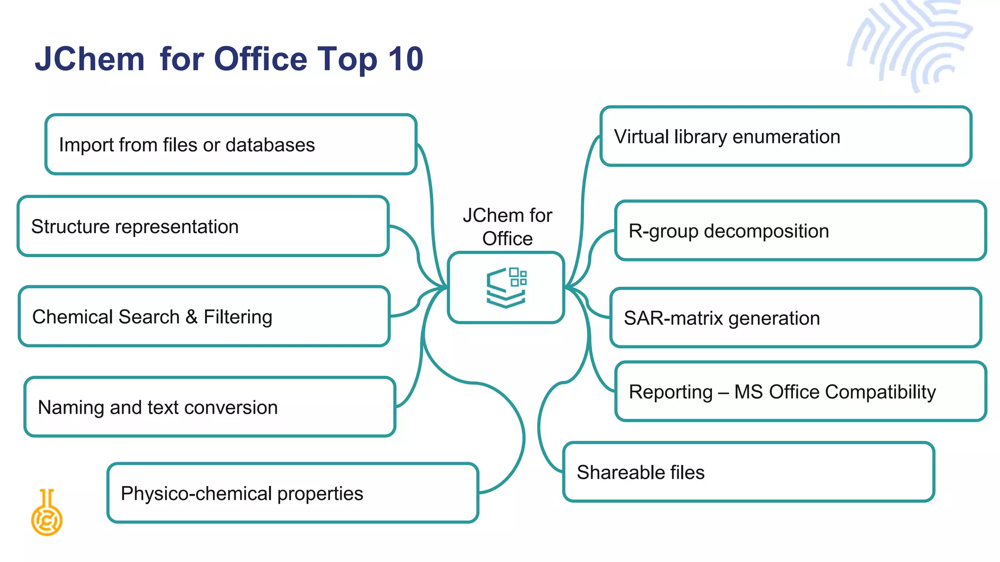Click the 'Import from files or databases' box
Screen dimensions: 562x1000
pos(230,144)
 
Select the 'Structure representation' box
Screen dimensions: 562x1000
pos(203,226)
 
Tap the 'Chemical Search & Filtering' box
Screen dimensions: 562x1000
pos(204,317)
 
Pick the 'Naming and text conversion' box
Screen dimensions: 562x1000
pos(209,407)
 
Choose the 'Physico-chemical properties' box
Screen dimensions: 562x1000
pos(292,493)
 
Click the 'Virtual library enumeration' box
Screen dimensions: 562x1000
pos(786,137)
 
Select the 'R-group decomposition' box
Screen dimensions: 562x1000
pos(800,231)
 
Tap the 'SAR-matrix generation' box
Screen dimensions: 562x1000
pos(795,318)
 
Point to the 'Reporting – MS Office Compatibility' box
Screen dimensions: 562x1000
pos(800,392)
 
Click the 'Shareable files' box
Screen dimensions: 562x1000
pos(749,472)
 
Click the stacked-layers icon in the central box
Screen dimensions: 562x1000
pos(506,287)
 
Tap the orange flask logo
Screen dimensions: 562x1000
pos(47,513)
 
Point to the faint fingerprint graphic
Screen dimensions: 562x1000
pos(911,44)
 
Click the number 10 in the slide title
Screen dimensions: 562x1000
pos(405,60)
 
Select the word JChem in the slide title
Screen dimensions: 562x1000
pos(90,60)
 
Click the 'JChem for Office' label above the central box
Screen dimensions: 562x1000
pos(507,227)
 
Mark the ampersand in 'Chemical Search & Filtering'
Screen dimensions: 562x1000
pos(191,317)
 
